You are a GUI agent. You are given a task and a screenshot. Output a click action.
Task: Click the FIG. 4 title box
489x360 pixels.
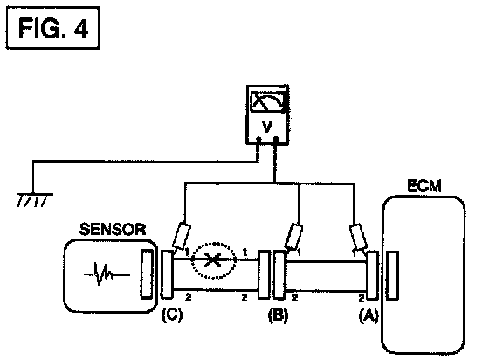pyautogui.click(x=53, y=28)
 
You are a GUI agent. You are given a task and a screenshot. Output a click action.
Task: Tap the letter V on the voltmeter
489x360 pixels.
pyautogui.click(x=267, y=127)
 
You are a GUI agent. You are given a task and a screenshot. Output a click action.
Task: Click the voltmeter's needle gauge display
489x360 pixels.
pyautogui.click(x=268, y=101)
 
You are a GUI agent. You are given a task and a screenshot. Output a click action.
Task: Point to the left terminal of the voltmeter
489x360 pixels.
pyautogui.click(x=258, y=139)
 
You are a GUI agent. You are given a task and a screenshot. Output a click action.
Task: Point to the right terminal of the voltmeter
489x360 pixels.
pyautogui.click(x=276, y=139)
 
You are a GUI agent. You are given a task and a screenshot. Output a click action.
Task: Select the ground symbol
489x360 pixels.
pyautogui.click(x=34, y=199)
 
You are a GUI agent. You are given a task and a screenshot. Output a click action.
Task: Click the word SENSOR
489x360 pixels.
pyautogui.click(x=113, y=229)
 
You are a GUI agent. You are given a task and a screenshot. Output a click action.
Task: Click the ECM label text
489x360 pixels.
pyautogui.click(x=424, y=186)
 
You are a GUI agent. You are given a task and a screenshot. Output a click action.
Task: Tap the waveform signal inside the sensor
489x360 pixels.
pyautogui.click(x=107, y=274)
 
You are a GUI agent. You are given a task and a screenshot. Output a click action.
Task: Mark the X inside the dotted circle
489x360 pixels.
pyautogui.click(x=213, y=260)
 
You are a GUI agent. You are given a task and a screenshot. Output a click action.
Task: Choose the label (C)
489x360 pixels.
pyautogui.click(x=171, y=315)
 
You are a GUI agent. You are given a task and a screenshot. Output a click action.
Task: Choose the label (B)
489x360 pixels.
pyautogui.click(x=279, y=315)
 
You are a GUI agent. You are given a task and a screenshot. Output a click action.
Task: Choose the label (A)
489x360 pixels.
pyautogui.click(x=368, y=315)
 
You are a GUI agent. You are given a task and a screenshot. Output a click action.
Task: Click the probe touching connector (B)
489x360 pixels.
pyautogui.click(x=293, y=237)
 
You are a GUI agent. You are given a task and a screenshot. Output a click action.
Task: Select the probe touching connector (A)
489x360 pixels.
pyautogui.click(x=358, y=237)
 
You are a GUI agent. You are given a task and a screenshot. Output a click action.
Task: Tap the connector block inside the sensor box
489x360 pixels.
pyautogui.click(x=147, y=273)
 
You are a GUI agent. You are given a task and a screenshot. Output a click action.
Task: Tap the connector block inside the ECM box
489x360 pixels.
pyautogui.click(x=392, y=276)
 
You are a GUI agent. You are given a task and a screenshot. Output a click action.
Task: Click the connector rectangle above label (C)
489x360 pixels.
pyautogui.click(x=167, y=274)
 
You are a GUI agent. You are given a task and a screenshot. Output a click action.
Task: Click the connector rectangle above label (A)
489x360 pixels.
pyautogui.click(x=372, y=276)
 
